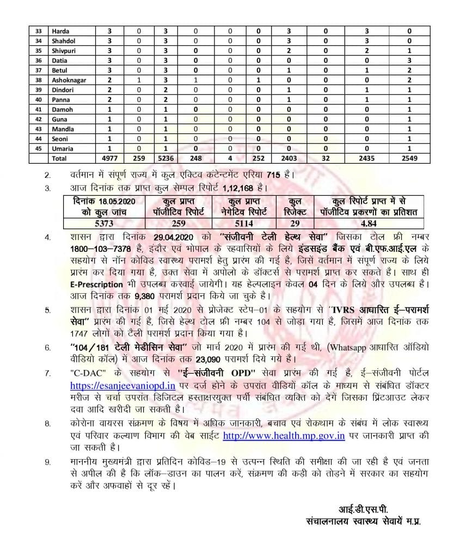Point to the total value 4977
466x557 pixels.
(x=109, y=158)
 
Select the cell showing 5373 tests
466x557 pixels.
(x=102, y=222)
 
